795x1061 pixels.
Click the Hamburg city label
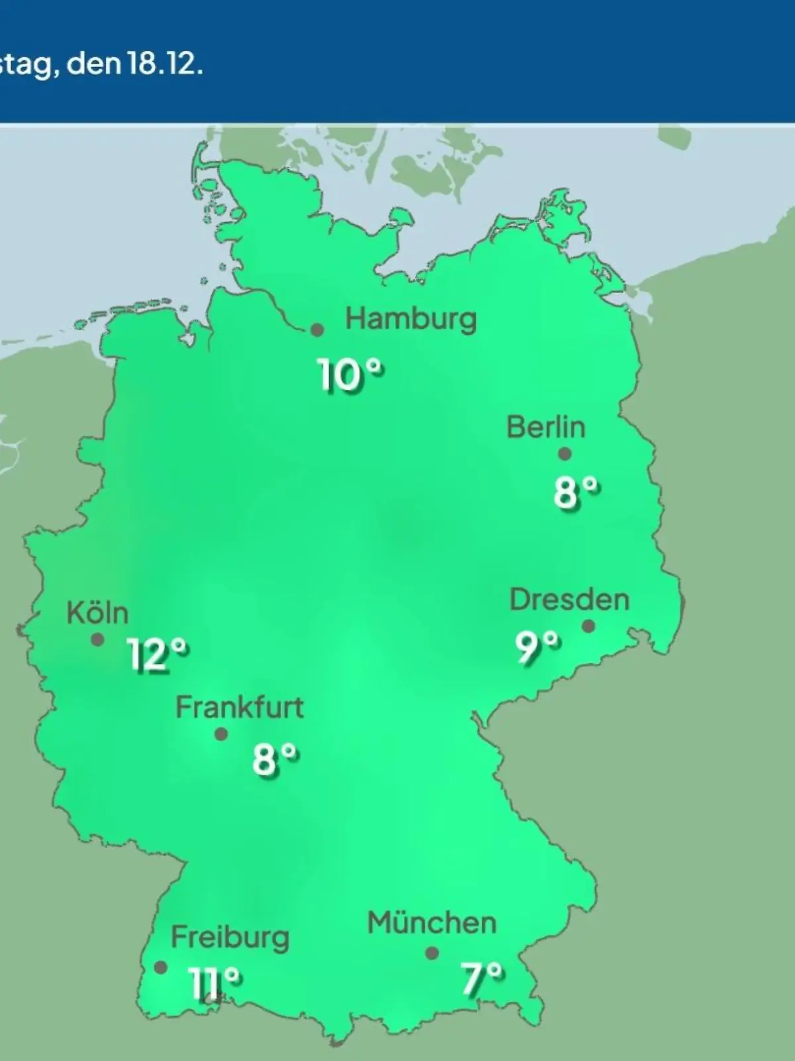411,320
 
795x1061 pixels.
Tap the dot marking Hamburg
317,330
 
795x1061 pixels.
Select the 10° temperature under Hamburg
351,375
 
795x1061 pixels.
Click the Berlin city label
546,427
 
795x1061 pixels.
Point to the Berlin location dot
564,454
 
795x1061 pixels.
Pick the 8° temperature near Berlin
576,493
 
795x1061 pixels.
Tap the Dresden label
569,600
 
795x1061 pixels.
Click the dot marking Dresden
588,626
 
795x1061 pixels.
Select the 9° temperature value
537,647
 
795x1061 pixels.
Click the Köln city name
97,613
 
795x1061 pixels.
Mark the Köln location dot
97,640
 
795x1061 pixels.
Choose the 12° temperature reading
158,655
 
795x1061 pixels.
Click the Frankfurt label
239,708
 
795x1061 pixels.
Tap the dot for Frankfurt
221,734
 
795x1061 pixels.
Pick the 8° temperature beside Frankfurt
275,759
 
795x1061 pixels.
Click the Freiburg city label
230,938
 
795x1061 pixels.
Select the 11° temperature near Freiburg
215,982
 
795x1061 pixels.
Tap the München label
432,923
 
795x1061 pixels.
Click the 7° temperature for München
482,979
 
